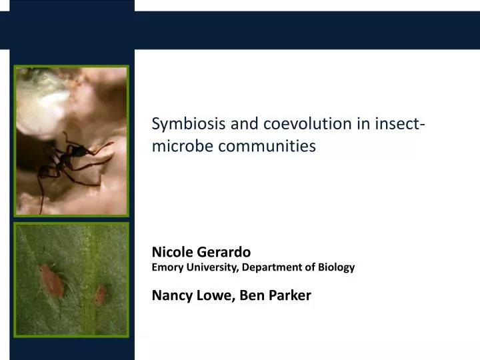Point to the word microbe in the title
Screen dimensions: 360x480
click(x=177, y=145)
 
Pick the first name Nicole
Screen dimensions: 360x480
click(x=171, y=252)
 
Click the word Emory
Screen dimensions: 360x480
click(x=167, y=267)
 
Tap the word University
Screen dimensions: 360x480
click(x=210, y=267)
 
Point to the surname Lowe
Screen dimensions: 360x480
click(x=214, y=295)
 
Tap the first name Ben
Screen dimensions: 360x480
click(x=253, y=295)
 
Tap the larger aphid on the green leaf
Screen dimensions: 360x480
click(x=51, y=279)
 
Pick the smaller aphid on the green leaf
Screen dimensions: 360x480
click(x=101, y=294)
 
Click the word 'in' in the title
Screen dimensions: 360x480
click(x=363, y=124)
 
